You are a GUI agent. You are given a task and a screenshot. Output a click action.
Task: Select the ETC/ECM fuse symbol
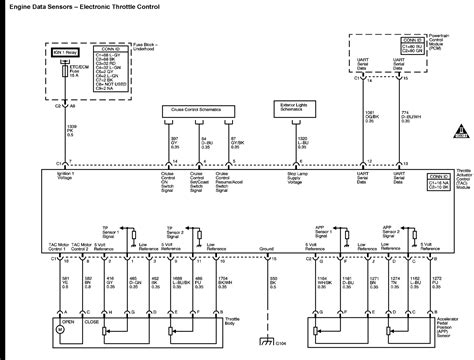pyautogui.click(x=58, y=73)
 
